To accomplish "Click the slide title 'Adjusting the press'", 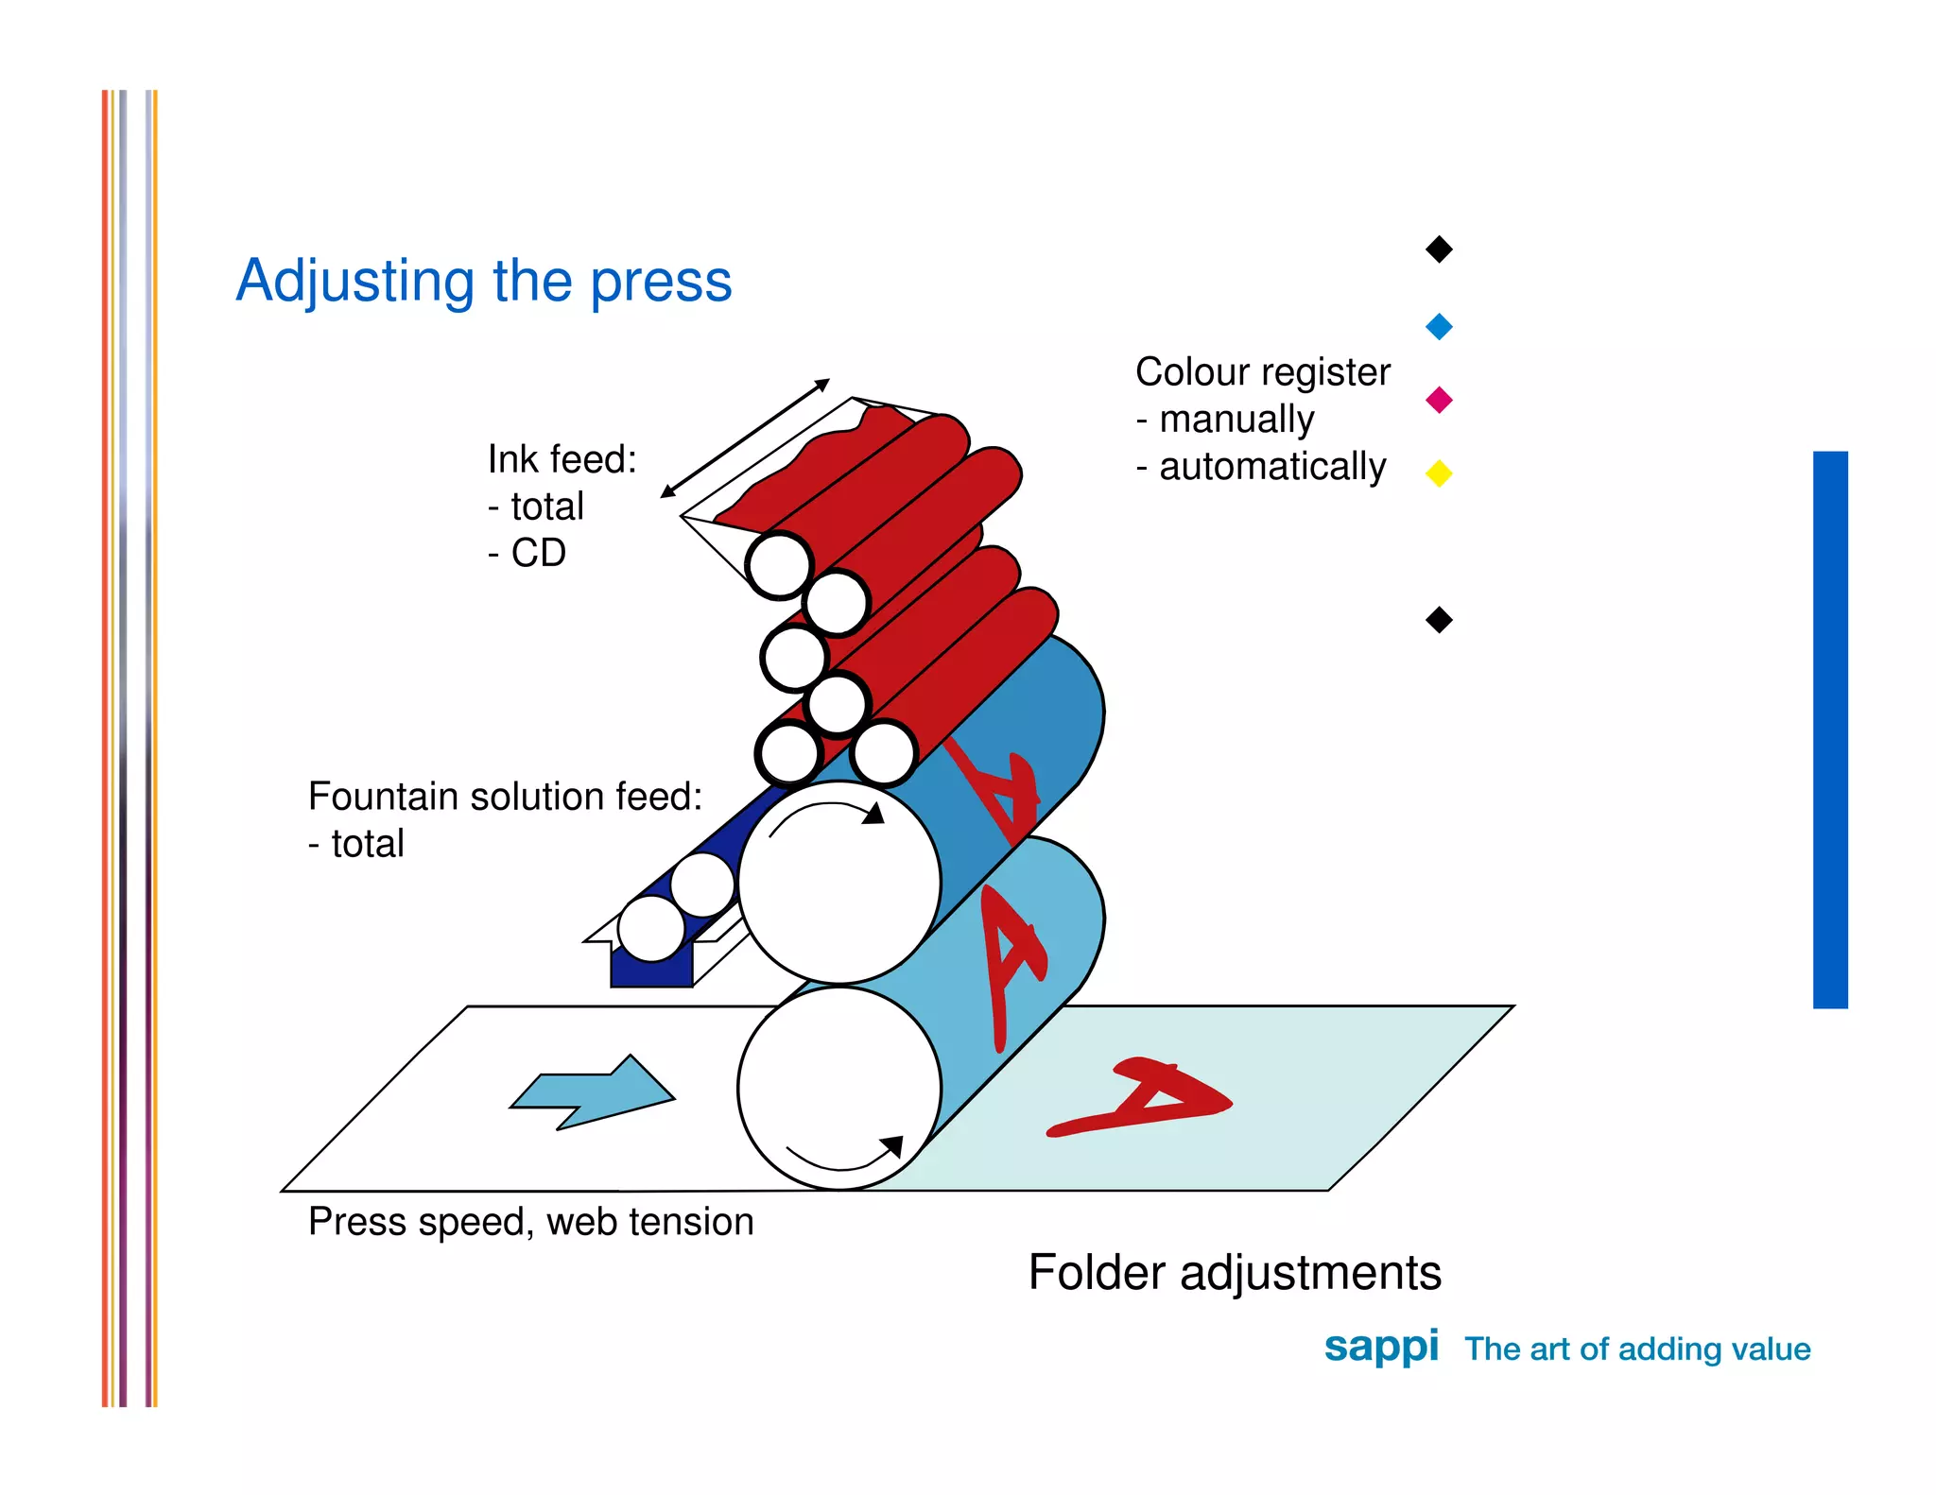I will [484, 281].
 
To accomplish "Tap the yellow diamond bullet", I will [1439, 473].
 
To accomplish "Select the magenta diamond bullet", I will [1439, 400].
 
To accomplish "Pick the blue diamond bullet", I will [1439, 327].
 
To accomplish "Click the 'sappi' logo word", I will [1380, 1347].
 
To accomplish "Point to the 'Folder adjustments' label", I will [1235, 1272].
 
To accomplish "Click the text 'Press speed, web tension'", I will [531, 1222].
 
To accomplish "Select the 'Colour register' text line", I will [1263, 372].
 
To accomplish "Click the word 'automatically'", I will [1272, 467].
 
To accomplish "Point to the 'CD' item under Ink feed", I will [538, 553].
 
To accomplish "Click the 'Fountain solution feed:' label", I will [506, 797].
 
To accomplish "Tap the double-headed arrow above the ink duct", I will [745, 438].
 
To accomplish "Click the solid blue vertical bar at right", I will [1830, 730].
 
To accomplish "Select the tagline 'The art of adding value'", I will [1637, 1349].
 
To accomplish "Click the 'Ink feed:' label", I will [562, 459].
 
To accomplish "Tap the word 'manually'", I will [1236, 420].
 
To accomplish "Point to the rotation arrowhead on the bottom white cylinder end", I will [891, 1146].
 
